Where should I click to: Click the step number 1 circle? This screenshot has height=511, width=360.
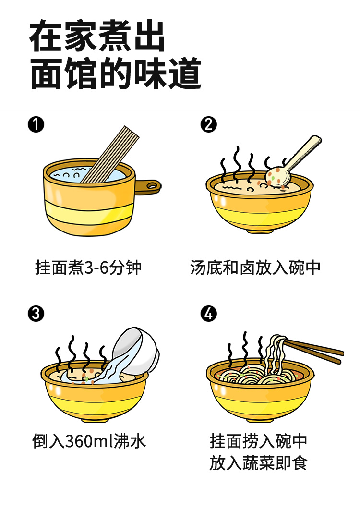(36, 125)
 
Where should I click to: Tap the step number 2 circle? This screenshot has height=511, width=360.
(208, 125)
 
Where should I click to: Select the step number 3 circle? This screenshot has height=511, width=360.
(36, 314)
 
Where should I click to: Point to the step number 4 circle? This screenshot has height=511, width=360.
(208, 314)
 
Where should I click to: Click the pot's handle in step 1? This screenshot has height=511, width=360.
(148, 186)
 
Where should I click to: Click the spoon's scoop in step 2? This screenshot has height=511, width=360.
(278, 176)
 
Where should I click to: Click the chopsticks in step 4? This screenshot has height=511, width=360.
(317, 351)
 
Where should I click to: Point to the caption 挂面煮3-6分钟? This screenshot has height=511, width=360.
(88, 268)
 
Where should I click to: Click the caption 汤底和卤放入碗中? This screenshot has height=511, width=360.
(255, 268)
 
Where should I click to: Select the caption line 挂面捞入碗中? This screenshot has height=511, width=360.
(258, 441)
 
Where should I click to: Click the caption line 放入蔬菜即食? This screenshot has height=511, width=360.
(258, 463)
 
